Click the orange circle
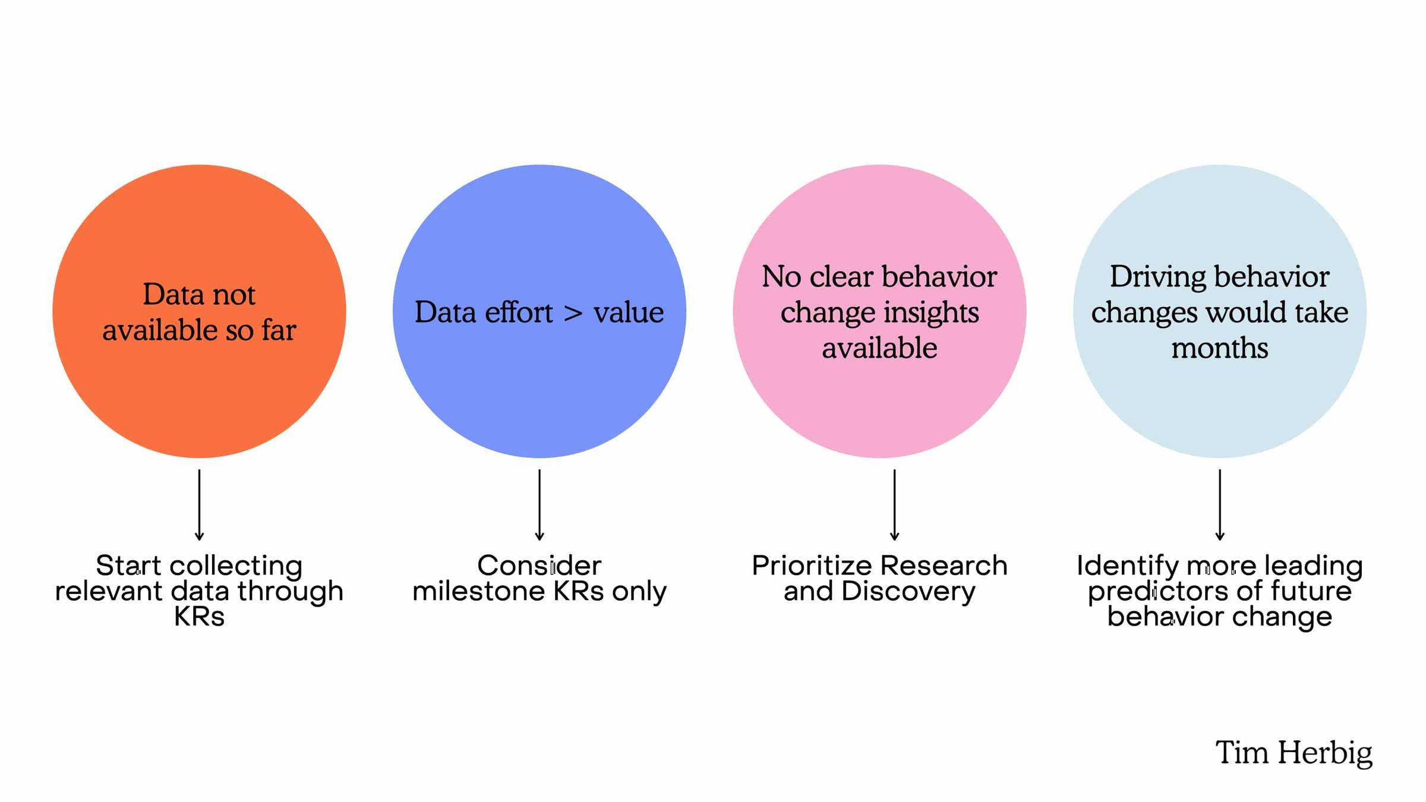point(199,311)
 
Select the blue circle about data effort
point(540,311)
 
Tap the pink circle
point(879,311)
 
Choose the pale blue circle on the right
point(1220,311)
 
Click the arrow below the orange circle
point(199,505)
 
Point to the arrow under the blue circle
point(540,505)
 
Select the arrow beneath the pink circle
point(894,505)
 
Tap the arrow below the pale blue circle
point(1220,505)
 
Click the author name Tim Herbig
point(1294,753)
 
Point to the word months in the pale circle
point(1220,348)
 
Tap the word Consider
point(539,566)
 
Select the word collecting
point(236,566)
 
